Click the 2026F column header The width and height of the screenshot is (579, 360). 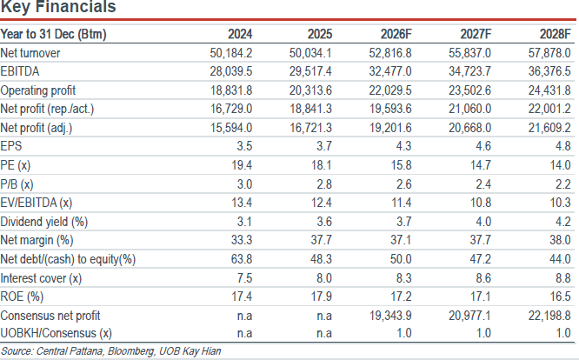[x=396, y=34]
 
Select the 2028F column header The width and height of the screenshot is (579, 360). [x=555, y=34]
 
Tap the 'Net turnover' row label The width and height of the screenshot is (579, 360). [x=30, y=53]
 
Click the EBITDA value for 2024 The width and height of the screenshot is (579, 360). [x=231, y=71]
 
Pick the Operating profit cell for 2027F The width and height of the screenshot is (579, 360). [x=469, y=90]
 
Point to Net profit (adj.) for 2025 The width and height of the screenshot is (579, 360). [x=310, y=128]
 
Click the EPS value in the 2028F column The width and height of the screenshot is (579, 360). [x=563, y=146]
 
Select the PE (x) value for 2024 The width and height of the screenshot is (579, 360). [x=242, y=165]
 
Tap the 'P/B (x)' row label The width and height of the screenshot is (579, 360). [x=17, y=184]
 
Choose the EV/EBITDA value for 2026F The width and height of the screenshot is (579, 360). [x=401, y=203]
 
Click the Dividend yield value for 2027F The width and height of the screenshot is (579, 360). [x=483, y=222]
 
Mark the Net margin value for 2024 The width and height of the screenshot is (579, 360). [x=242, y=240]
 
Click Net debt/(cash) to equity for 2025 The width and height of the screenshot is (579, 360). [x=322, y=259]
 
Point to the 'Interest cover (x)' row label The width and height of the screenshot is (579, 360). [x=41, y=278]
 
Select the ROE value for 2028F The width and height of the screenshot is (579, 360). [x=561, y=297]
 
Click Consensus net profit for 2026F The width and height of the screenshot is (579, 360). [x=390, y=316]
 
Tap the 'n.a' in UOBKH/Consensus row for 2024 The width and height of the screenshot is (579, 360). [x=244, y=333]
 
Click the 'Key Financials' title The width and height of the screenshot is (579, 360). [x=58, y=7]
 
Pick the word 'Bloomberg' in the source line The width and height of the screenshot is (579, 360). [x=131, y=350]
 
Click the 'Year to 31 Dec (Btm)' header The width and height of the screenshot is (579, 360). [x=54, y=34]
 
